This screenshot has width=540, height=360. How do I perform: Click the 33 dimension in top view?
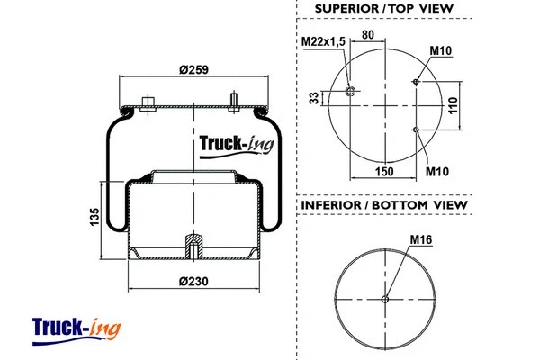point(314,98)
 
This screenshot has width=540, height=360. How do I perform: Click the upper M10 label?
point(440,50)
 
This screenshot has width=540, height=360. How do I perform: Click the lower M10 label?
point(437,171)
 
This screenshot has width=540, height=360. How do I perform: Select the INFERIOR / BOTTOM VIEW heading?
point(383,205)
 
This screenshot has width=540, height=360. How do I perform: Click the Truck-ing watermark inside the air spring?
point(229,143)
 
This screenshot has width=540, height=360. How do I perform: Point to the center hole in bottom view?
point(384,299)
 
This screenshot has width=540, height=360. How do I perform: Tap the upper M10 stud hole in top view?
point(416,82)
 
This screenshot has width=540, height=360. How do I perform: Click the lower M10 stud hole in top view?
point(416,130)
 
